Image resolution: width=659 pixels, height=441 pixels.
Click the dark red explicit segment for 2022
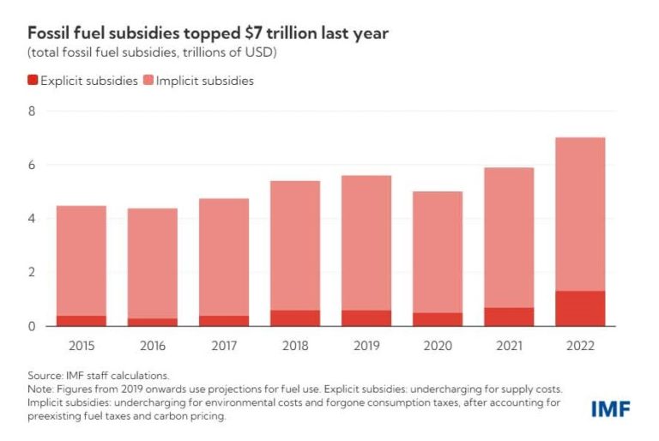[x=580, y=308]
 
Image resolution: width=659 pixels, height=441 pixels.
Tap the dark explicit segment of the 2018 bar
[x=295, y=317]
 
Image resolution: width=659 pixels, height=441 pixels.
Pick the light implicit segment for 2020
[x=438, y=251]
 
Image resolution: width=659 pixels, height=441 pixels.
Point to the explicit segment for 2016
[x=154, y=322]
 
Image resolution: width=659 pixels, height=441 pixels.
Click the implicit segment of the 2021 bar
[x=509, y=237]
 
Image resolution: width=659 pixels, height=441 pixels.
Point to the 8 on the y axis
[x=32, y=111]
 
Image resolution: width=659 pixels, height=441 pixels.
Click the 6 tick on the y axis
[x=32, y=165]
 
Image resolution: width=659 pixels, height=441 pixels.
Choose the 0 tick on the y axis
[x=32, y=326]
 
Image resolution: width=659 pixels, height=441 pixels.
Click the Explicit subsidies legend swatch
[x=33, y=81]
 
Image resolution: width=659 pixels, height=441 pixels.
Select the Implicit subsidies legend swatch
[x=149, y=81]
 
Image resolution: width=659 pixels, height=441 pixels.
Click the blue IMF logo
[x=610, y=410]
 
